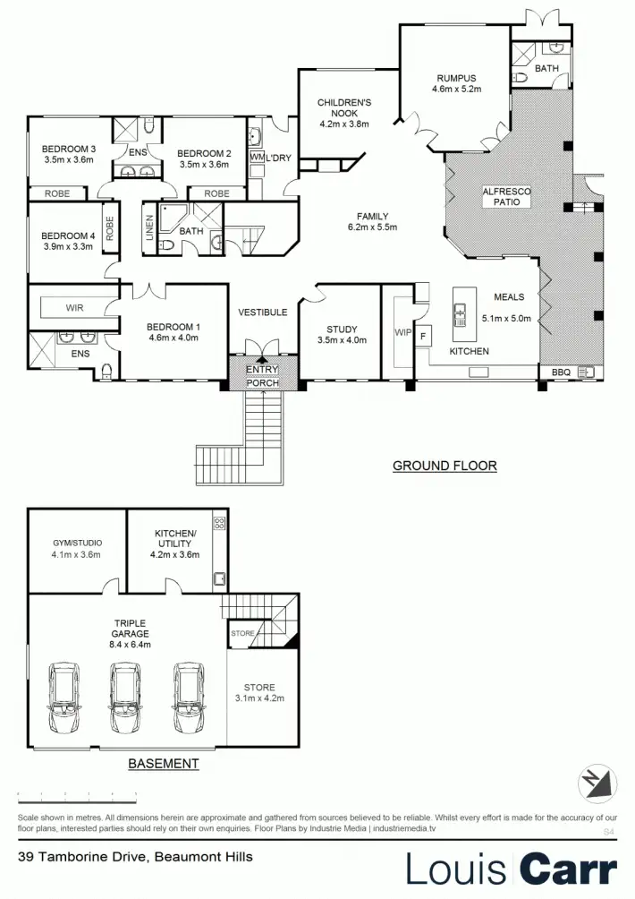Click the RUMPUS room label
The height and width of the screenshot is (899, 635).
coord(457,78)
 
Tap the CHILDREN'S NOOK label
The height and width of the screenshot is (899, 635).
coord(344,108)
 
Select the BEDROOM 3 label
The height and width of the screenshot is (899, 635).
coord(69,150)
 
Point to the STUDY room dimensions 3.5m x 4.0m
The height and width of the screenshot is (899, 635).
coord(342,340)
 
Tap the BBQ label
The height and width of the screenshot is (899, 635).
coord(561,371)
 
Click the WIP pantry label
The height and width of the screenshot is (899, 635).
coord(402,332)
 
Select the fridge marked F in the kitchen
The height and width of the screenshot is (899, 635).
coord(423,337)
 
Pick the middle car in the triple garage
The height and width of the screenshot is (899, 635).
coord(123,698)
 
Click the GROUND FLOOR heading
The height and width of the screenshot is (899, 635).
coord(444,466)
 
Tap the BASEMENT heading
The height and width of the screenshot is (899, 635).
coord(163,764)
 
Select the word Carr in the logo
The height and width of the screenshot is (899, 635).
coord(569,869)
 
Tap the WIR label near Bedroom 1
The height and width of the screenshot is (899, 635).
coord(75,308)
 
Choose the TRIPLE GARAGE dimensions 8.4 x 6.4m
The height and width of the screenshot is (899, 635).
coord(130,644)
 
